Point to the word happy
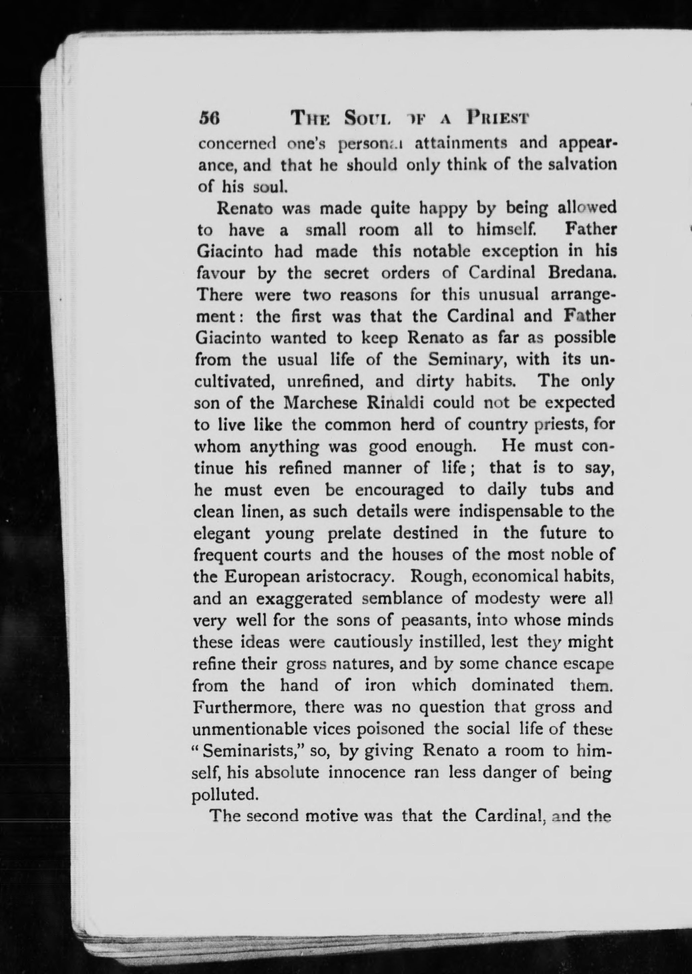(443, 209)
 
